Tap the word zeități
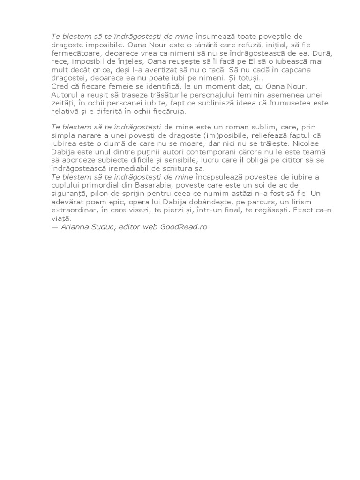point(62,104)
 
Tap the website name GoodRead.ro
point(183,227)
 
